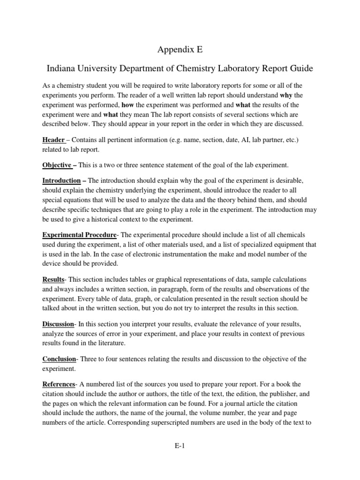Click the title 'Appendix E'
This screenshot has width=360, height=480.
[180, 49]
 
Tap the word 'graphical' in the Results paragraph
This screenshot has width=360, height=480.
[151, 279]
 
